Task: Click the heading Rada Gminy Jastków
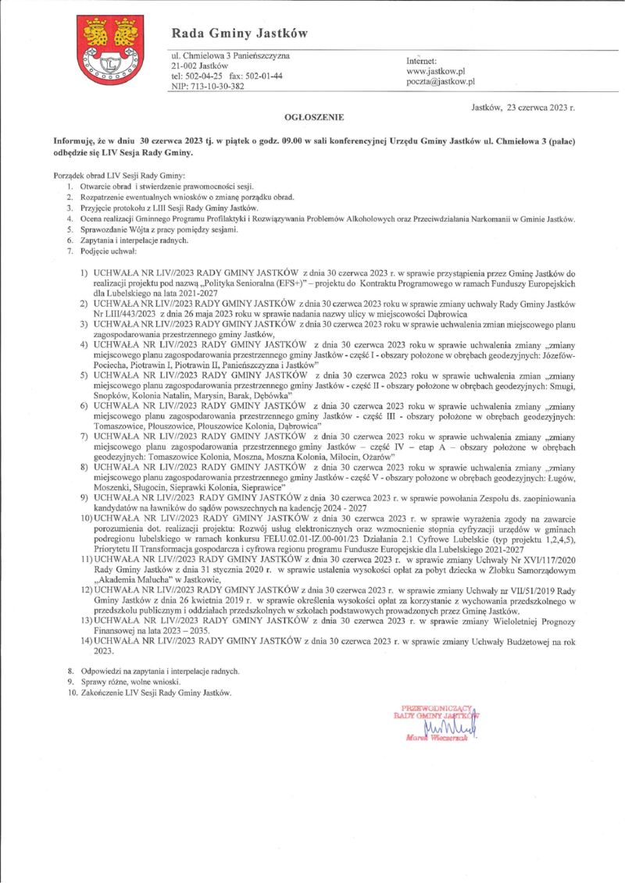pos(240,34)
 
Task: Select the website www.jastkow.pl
pos(436,71)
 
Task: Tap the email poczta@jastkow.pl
pos(441,81)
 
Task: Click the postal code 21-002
pos(185,66)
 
